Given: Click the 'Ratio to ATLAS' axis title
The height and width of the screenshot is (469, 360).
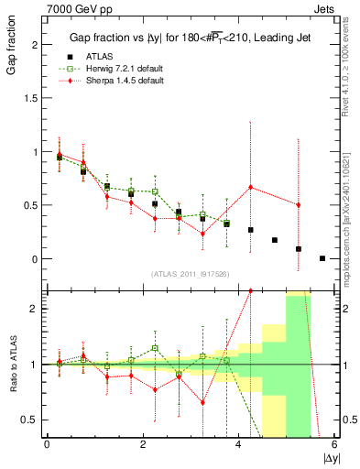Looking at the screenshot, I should [12, 365].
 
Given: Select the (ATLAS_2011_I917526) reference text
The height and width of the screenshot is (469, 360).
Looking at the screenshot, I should [190, 274].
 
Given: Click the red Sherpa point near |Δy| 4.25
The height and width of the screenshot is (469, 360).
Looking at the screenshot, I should [250, 187].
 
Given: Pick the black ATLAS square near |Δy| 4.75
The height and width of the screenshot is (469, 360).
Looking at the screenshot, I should [275, 240].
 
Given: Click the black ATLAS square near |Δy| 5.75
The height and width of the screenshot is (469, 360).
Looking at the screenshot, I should [322, 258].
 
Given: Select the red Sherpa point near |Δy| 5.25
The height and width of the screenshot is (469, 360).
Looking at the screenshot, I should [299, 205].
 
